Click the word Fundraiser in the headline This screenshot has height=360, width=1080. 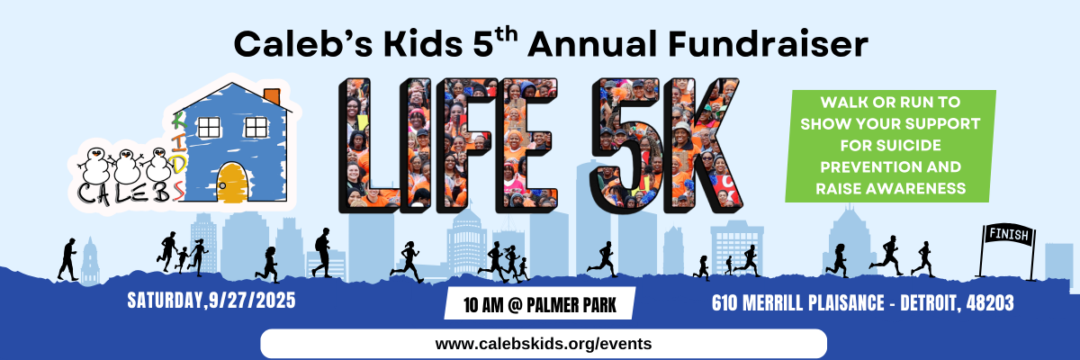pyautogui.click(x=768, y=44)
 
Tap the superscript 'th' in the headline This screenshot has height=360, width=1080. pyautogui.click(x=506, y=35)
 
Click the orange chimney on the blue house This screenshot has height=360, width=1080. pyautogui.click(x=273, y=96)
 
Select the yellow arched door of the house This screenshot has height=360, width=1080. pyautogui.click(x=232, y=183)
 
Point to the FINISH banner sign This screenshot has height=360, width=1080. pyautogui.click(x=1009, y=235)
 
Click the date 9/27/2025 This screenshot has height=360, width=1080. pyautogui.click(x=252, y=301)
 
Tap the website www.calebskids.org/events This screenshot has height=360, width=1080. pyautogui.click(x=544, y=344)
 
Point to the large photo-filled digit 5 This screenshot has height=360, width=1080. pyautogui.click(x=622, y=145)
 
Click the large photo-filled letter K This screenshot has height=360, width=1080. pyautogui.click(x=701, y=145)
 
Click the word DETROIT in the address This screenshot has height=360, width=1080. pyautogui.click(x=928, y=303)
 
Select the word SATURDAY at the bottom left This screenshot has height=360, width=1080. pyautogui.click(x=166, y=301)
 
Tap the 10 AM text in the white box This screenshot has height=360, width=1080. pyautogui.click(x=483, y=305)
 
